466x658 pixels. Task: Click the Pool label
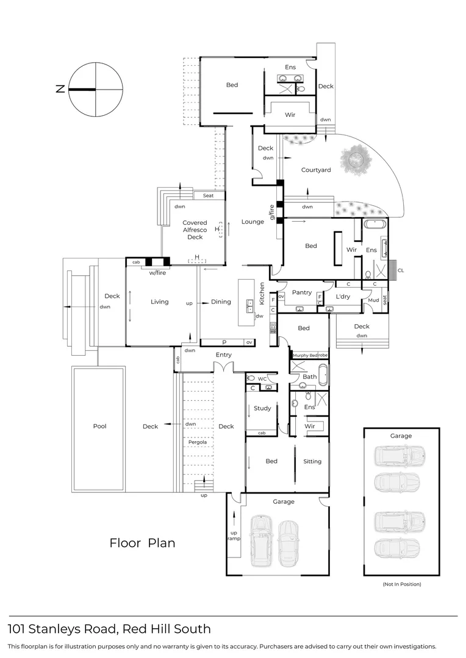pos(99,426)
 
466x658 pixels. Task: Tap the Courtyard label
pos(316,170)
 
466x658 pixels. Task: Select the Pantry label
pos(302,292)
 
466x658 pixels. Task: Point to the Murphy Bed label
pos(305,355)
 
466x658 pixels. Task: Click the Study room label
pos(262,408)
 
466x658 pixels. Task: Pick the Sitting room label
pos(312,461)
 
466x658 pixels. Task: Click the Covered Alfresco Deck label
pos(195,230)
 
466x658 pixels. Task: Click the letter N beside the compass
pos(60,89)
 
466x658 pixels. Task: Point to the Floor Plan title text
pos(142,543)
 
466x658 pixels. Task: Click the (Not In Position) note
pos(402,584)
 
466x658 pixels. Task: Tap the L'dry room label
pos(342,296)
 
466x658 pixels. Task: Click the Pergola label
pos(197,442)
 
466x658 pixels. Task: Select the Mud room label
pos(373,300)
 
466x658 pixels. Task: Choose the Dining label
pos(221,302)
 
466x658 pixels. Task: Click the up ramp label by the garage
pos(234,535)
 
